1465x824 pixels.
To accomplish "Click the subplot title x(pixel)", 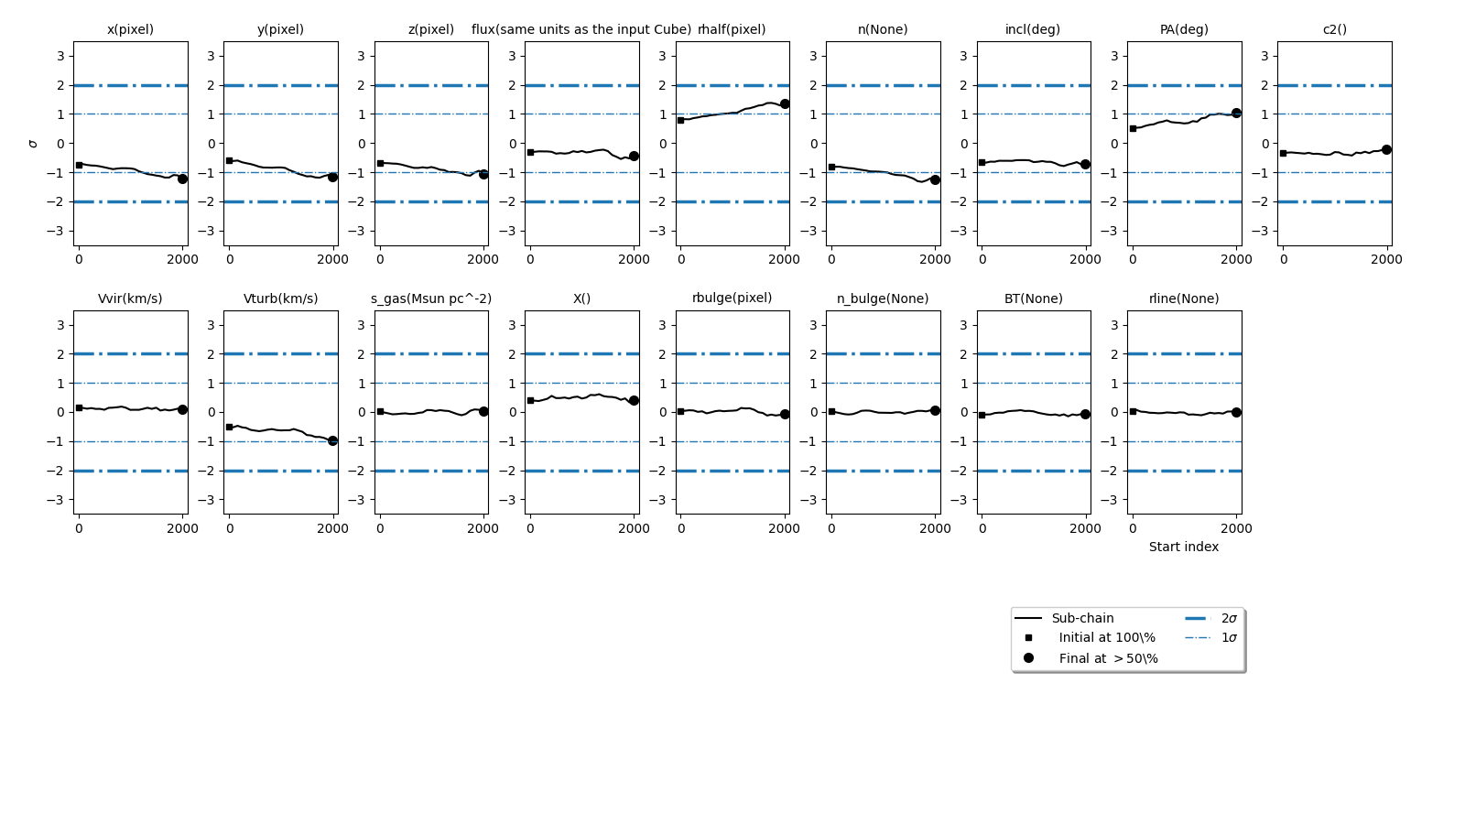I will [130, 29].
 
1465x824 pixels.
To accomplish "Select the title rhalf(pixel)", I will [732, 29].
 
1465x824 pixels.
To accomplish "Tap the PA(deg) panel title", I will [1184, 29].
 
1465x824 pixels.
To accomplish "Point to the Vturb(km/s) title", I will [280, 298].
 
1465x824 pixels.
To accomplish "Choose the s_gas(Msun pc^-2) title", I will [431, 298].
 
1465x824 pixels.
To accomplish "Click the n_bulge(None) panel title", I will [883, 298].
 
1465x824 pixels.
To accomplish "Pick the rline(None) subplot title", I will [1184, 298].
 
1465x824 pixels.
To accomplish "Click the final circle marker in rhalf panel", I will [785, 104].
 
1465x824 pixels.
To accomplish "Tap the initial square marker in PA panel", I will [1133, 128].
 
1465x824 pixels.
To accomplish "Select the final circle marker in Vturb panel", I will [332, 440].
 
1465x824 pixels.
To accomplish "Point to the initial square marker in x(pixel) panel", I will [79, 165].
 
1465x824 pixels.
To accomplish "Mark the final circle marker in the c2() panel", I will [1386, 149].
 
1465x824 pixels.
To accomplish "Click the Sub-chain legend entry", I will [1082, 618].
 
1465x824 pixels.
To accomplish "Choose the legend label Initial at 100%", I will [1107, 638].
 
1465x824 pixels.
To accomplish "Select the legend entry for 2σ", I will [1229, 618].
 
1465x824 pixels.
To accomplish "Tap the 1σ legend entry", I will [1229, 638].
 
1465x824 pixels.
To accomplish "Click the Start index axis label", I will [1184, 547].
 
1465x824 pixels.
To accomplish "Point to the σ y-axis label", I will [34, 144].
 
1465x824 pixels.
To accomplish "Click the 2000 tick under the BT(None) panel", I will [1086, 528].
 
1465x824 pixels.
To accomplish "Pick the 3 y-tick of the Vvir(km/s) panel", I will [60, 325].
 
